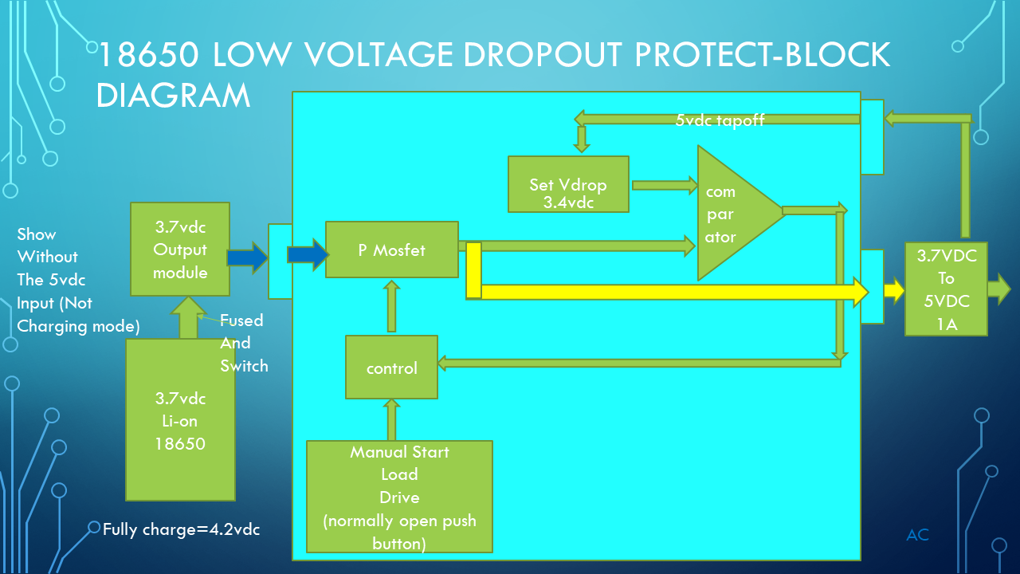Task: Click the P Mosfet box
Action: tap(391, 250)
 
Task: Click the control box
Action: tap(391, 368)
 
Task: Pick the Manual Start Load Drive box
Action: tap(399, 496)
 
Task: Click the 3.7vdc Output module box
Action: tap(180, 249)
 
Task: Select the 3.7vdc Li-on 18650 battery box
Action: tap(180, 419)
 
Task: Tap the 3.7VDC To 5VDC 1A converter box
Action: tap(946, 289)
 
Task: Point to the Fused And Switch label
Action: tap(243, 343)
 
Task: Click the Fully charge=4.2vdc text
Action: tap(181, 529)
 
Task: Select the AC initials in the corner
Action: tap(917, 535)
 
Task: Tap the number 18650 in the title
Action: tap(147, 55)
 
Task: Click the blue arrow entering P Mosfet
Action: tap(308, 254)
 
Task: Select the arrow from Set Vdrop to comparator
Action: tap(663, 185)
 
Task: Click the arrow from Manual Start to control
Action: tap(391, 419)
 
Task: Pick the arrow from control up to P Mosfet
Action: tap(391, 305)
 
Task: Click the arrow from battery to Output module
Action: tap(189, 317)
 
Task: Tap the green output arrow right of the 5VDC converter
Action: tap(998, 289)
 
